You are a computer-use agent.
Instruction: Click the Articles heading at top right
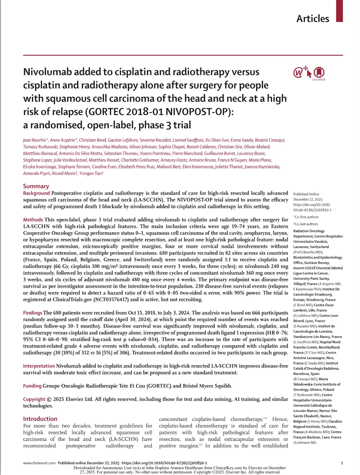coord(313,19)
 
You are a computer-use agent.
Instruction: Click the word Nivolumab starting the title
coord(47,72)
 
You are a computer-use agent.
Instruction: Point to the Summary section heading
coord(36,186)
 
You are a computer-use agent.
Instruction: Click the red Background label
coord(36,193)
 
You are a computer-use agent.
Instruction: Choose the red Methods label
coord(33,220)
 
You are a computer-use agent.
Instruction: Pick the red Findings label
coord(33,313)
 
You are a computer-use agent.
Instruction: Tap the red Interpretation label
coord(39,366)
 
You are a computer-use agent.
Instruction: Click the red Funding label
coord(32,386)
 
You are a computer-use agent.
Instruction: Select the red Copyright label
coord(34,399)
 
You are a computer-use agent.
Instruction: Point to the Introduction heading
coord(40,419)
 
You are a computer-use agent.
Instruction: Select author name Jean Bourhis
coord(35,140)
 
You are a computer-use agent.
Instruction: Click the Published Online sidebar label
coord(306,194)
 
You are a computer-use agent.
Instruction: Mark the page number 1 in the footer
coord(342,463)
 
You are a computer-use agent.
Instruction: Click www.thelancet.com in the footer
coord(39,463)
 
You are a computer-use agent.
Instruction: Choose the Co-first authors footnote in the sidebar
coord(306,217)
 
